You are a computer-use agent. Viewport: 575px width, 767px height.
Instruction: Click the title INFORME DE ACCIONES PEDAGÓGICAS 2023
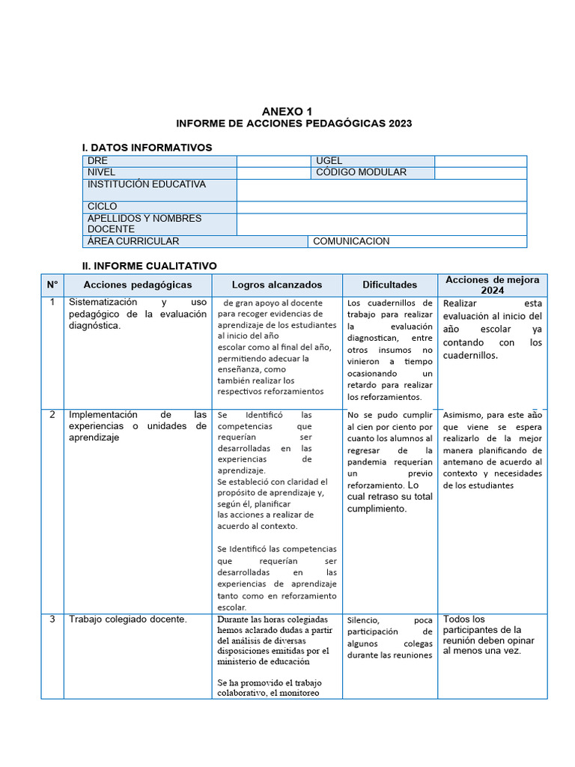(x=293, y=124)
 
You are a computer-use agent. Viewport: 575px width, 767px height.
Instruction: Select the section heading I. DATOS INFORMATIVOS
(x=147, y=148)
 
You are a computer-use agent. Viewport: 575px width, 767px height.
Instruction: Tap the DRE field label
(x=98, y=161)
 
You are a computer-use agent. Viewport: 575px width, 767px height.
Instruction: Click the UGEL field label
(x=329, y=161)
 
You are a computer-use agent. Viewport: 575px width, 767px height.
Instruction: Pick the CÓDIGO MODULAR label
(x=361, y=172)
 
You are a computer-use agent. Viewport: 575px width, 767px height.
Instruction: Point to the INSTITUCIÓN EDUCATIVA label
(x=146, y=184)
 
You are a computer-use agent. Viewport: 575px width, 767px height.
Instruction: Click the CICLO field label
(x=103, y=207)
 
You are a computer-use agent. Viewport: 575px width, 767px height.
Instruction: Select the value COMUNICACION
(x=351, y=241)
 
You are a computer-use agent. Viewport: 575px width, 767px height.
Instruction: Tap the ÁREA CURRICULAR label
(x=133, y=241)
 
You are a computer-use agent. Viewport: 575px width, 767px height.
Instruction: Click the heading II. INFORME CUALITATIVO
(x=149, y=266)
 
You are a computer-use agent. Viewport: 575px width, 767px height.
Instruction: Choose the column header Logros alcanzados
(x=277, y=285)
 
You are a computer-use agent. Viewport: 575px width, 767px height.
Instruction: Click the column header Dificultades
(x=389, y=285)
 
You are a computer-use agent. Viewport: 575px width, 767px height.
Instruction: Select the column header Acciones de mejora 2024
(x=492, y=285)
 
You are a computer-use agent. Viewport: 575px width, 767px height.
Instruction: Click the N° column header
(x=52, y=285)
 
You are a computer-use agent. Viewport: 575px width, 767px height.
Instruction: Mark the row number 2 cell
(x=52, y=414)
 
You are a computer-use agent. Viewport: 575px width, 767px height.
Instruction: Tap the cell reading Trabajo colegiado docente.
(x=127, y=619)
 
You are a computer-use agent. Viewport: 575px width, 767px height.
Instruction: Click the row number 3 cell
(x=52, y=619)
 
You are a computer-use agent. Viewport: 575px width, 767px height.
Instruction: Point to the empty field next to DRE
(x=274, y=161)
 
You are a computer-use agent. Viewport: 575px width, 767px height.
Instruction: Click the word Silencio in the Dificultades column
(x=363, y=620)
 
